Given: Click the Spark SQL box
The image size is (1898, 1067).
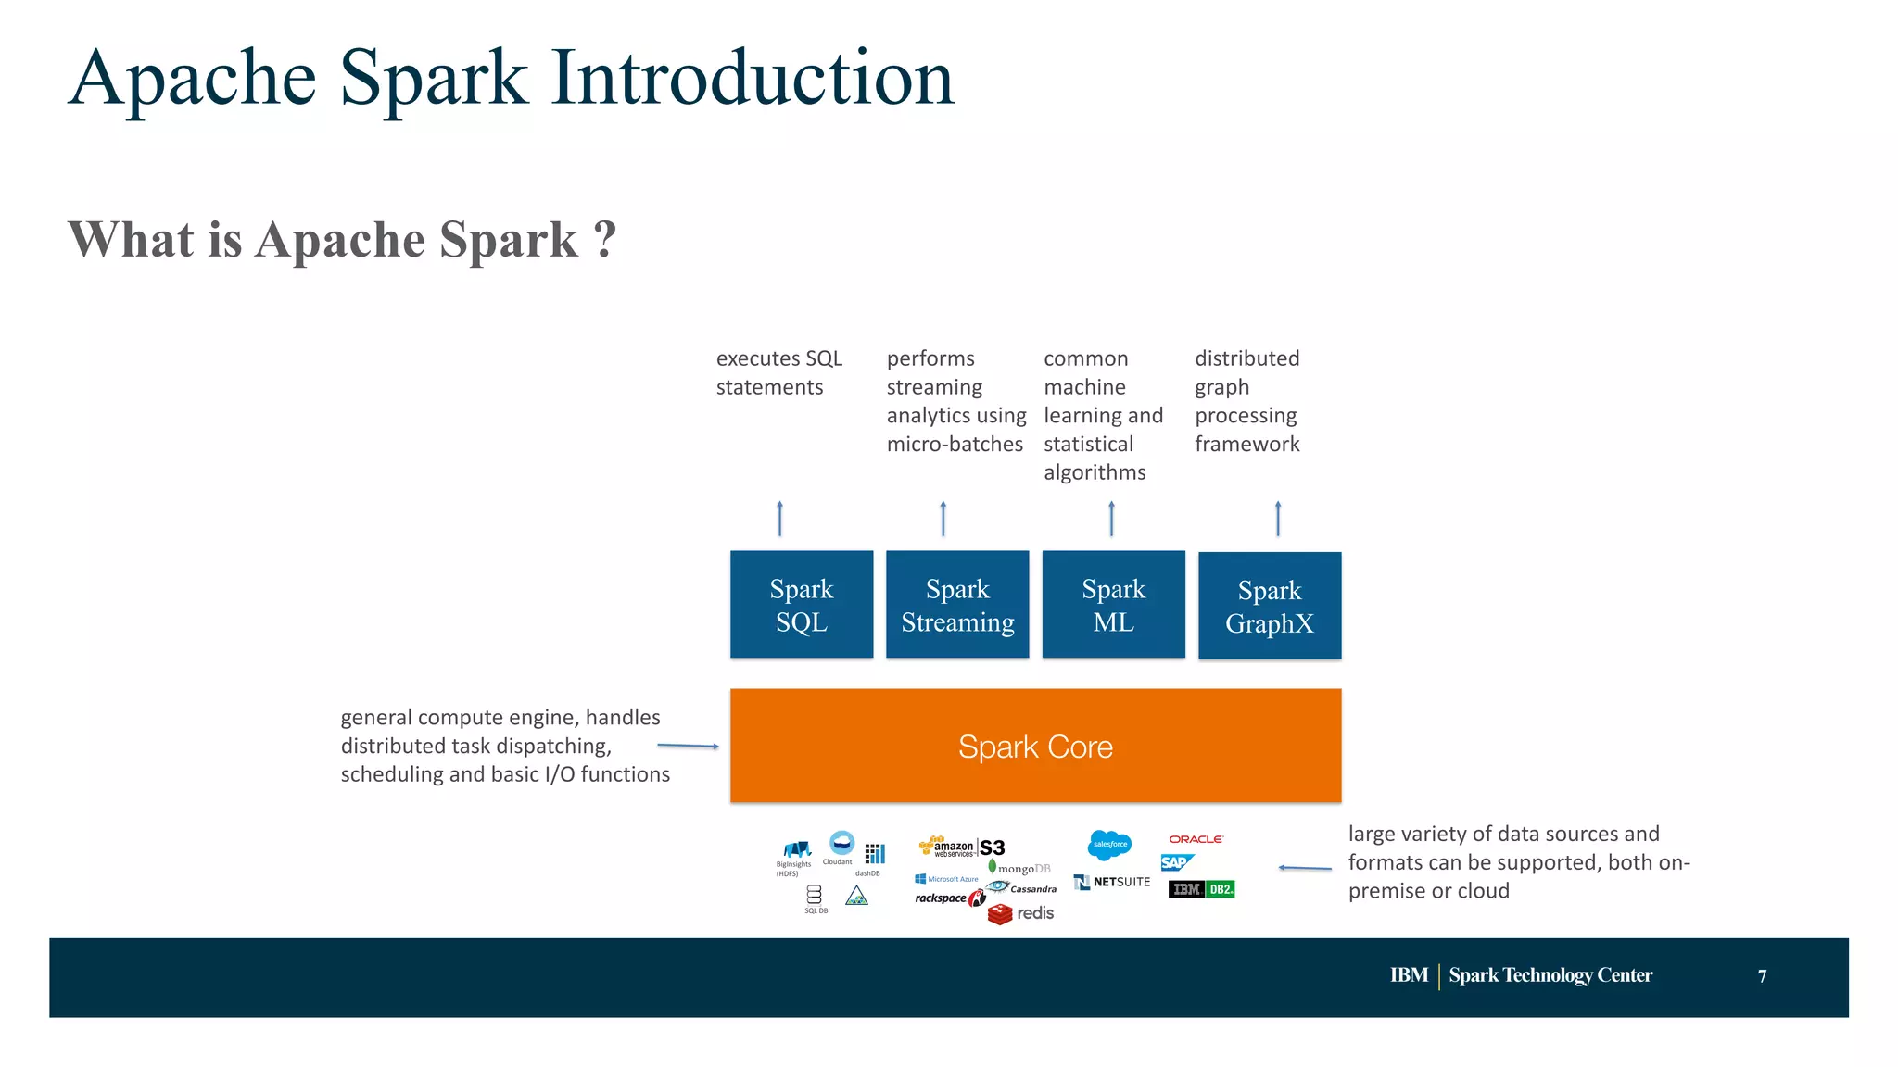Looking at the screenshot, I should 802,605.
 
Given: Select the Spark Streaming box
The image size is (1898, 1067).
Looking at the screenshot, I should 957,605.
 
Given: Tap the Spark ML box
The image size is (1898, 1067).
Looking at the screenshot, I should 1113,605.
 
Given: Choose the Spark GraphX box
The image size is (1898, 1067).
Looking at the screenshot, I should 1270,606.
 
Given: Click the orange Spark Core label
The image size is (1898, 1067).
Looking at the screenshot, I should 1035,747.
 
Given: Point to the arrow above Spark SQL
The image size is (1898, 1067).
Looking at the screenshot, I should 779,519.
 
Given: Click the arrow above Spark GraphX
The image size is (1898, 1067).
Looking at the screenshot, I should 1278,519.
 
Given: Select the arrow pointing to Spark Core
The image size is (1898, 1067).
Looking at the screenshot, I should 688,746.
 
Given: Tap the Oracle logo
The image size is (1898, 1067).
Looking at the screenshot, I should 1196,839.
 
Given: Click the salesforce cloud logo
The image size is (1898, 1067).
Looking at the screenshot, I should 1109,844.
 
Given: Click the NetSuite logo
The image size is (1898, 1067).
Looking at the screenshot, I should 1112,882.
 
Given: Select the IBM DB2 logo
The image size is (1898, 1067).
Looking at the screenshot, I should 1201,889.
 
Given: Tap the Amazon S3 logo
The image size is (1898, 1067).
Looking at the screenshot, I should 962,847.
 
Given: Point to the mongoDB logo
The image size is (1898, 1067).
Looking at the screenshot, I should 1019,868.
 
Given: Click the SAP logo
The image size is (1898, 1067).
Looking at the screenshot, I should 1176,862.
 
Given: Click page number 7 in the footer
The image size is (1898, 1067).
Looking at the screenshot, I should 1762,976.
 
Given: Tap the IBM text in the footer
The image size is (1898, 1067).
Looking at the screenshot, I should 1408,975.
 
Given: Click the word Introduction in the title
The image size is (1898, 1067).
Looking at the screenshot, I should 753,79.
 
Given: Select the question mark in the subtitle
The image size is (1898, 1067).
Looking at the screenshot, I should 604,240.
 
